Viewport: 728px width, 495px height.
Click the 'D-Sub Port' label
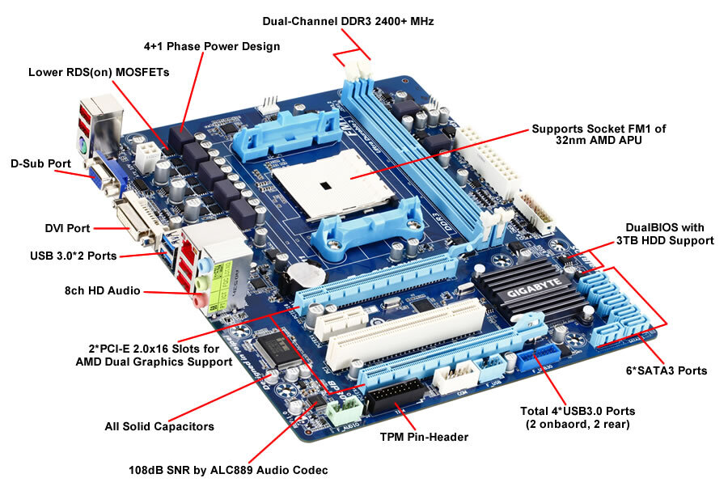[40, 163]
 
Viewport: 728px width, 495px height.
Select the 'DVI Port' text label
[66, 228]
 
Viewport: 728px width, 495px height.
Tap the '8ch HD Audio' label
[103, 290]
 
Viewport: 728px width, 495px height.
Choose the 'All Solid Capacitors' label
[159, 426]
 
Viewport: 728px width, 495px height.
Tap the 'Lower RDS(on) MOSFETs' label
[99, 72]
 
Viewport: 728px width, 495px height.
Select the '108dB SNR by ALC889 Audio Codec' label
[228, 469]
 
